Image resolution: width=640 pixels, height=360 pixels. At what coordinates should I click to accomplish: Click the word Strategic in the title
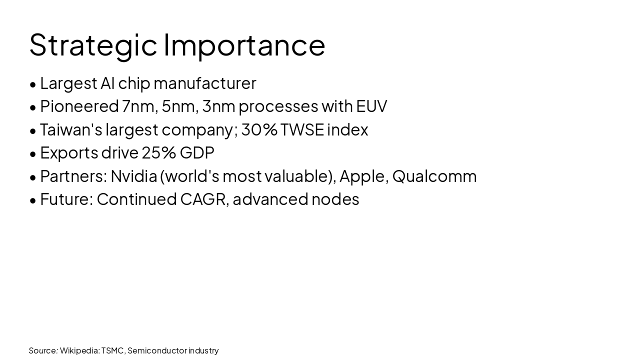pyautogui.click(x=93, y=45)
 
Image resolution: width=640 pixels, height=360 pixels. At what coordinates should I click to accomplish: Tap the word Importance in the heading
pyautogui.click(x=244, y=45)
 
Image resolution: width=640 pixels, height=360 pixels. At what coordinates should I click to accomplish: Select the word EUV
pyautogui.click(x=371, y=106)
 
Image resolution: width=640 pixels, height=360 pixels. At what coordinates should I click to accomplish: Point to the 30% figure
pyautogui.click(x=259, y=129)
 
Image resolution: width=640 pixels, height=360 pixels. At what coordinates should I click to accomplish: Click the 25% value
pyautogui.click(x=158, y=152)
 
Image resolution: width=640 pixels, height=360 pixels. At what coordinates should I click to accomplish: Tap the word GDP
pyautogui.click(x=197, y=152)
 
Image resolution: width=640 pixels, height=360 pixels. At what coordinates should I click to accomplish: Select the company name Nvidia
pyautogui.click(x=133, y=176)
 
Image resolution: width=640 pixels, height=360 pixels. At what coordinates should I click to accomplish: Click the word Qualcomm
pyautogui.click(x=434, y=176)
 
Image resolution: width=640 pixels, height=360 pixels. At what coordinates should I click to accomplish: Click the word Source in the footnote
pyautogui.click(x=43, y=350)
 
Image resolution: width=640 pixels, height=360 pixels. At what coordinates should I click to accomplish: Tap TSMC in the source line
pyautogui.click(x=112, y=350)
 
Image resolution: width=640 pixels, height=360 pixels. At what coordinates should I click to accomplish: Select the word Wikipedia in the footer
pyautogui.click(x=79, y=350)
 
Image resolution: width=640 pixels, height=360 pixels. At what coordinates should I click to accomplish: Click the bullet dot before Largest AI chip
pyautogui.click(x=33, y=84)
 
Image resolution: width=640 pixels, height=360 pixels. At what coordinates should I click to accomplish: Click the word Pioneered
pyautogui.click(x=79, y=106)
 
